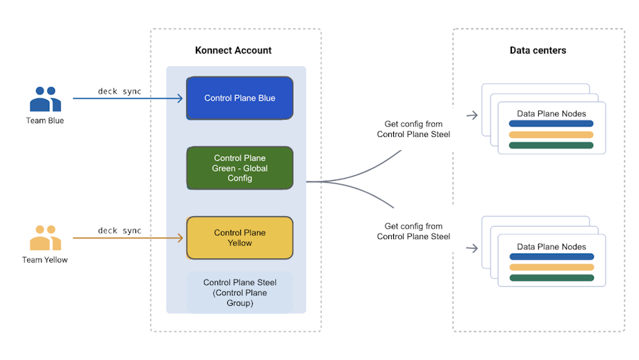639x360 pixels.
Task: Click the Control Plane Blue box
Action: (x=240, y=98)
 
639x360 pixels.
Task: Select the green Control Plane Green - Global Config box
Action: (x=240, y=168)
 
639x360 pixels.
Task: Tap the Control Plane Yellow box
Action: (x=240, y=238)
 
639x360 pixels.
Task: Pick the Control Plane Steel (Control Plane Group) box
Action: (x=240, y=293)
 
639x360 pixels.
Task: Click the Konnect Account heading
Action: (x=233, y=51)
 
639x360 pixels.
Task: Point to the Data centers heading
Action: (x=538, y=51)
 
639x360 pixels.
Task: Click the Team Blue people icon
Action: (x=45, y=99)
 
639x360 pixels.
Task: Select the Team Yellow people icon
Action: (x=45, y=238)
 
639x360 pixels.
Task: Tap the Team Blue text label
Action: (x=45, y=121)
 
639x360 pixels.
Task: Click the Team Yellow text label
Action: (x=45, y=260)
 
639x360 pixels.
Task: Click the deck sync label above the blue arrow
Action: (x=119, y=91)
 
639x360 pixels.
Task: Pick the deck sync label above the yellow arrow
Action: (x=119, y=230)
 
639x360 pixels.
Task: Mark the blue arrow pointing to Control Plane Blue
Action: (x=128, y=99)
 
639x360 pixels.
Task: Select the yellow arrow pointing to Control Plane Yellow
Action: (x=128, y=238)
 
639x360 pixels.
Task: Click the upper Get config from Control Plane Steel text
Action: (x=413, y=129)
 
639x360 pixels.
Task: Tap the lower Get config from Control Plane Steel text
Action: (x=413, y=231)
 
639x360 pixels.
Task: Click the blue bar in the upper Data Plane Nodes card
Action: (x=551, y=124)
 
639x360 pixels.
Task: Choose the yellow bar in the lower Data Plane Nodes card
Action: (x=551, y=267)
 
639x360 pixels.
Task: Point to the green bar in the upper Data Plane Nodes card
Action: (x=551, y=145)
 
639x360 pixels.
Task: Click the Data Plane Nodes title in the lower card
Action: (x=551, y=247)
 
